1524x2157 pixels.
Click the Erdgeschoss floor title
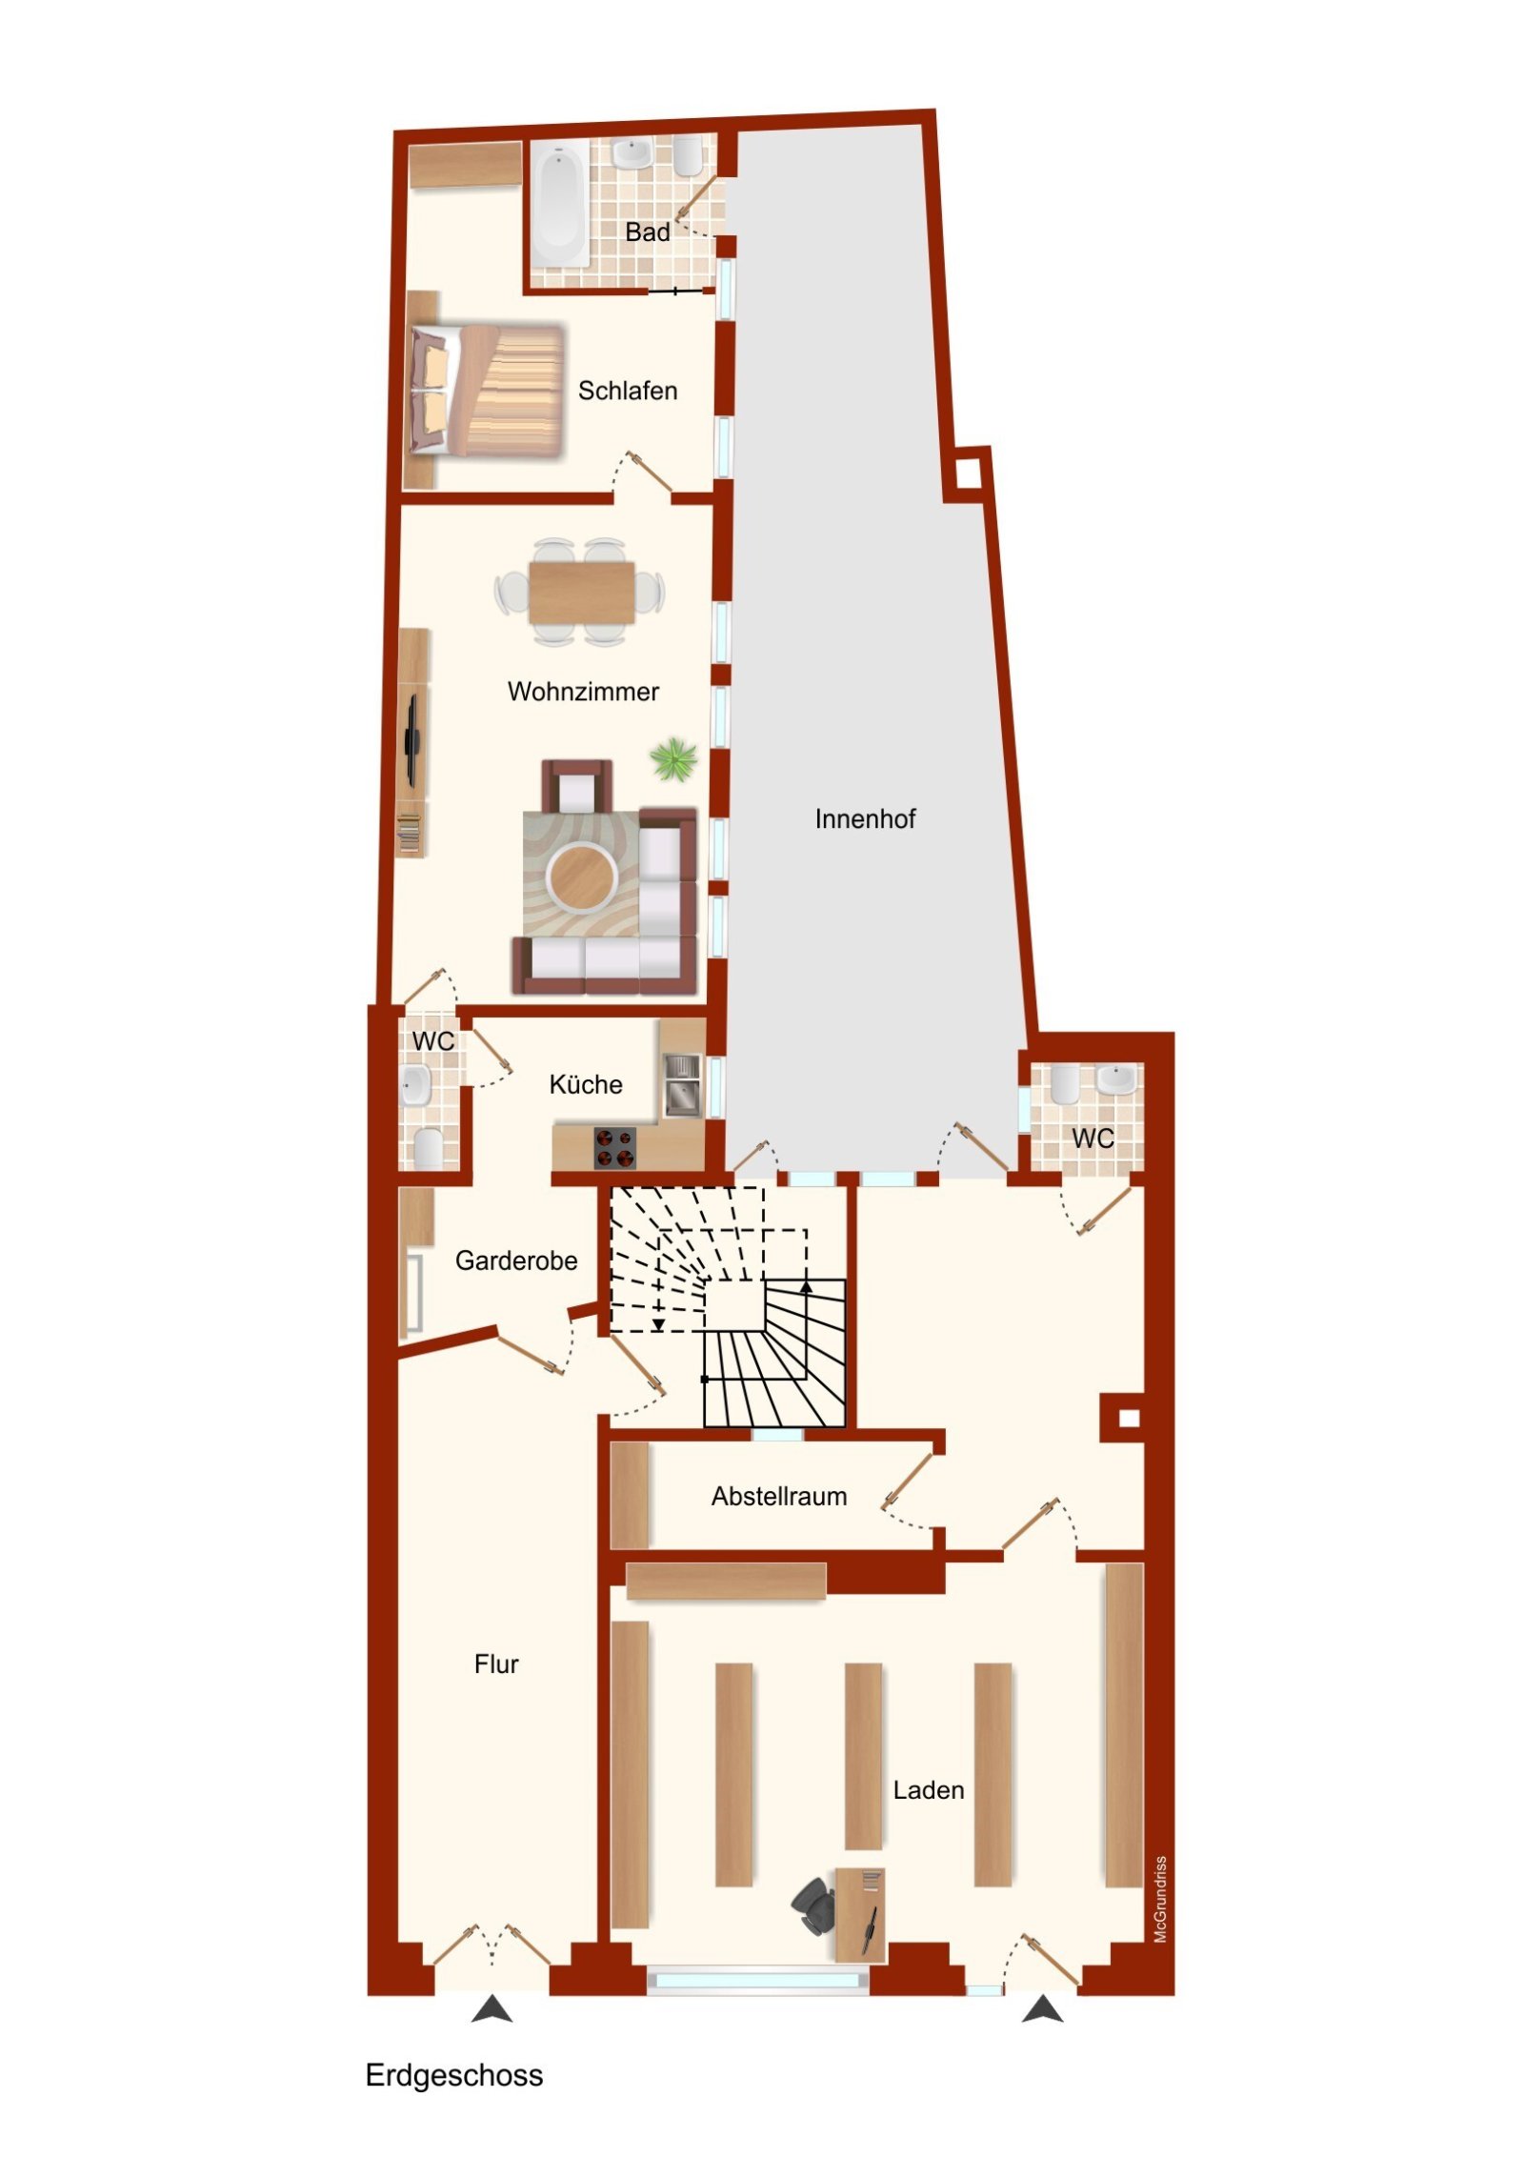(453, 2075)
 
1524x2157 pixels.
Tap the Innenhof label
(864, 819)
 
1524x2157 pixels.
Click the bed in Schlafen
(486, 392)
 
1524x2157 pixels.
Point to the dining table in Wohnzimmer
(581, 592)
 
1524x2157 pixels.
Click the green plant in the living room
(673, 760)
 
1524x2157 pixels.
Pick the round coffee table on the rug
(581, 875)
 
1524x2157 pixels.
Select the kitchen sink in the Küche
(682, 1084)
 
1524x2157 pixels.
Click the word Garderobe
(516, 1261)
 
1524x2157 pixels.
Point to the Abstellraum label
(778, 1497)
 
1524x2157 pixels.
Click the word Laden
(928, 1791)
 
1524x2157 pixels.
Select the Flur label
(496, 1664)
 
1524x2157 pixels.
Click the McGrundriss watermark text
(1159, 1900)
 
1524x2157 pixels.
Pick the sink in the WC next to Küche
(415, 1085)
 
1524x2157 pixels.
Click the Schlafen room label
(627, 391)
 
